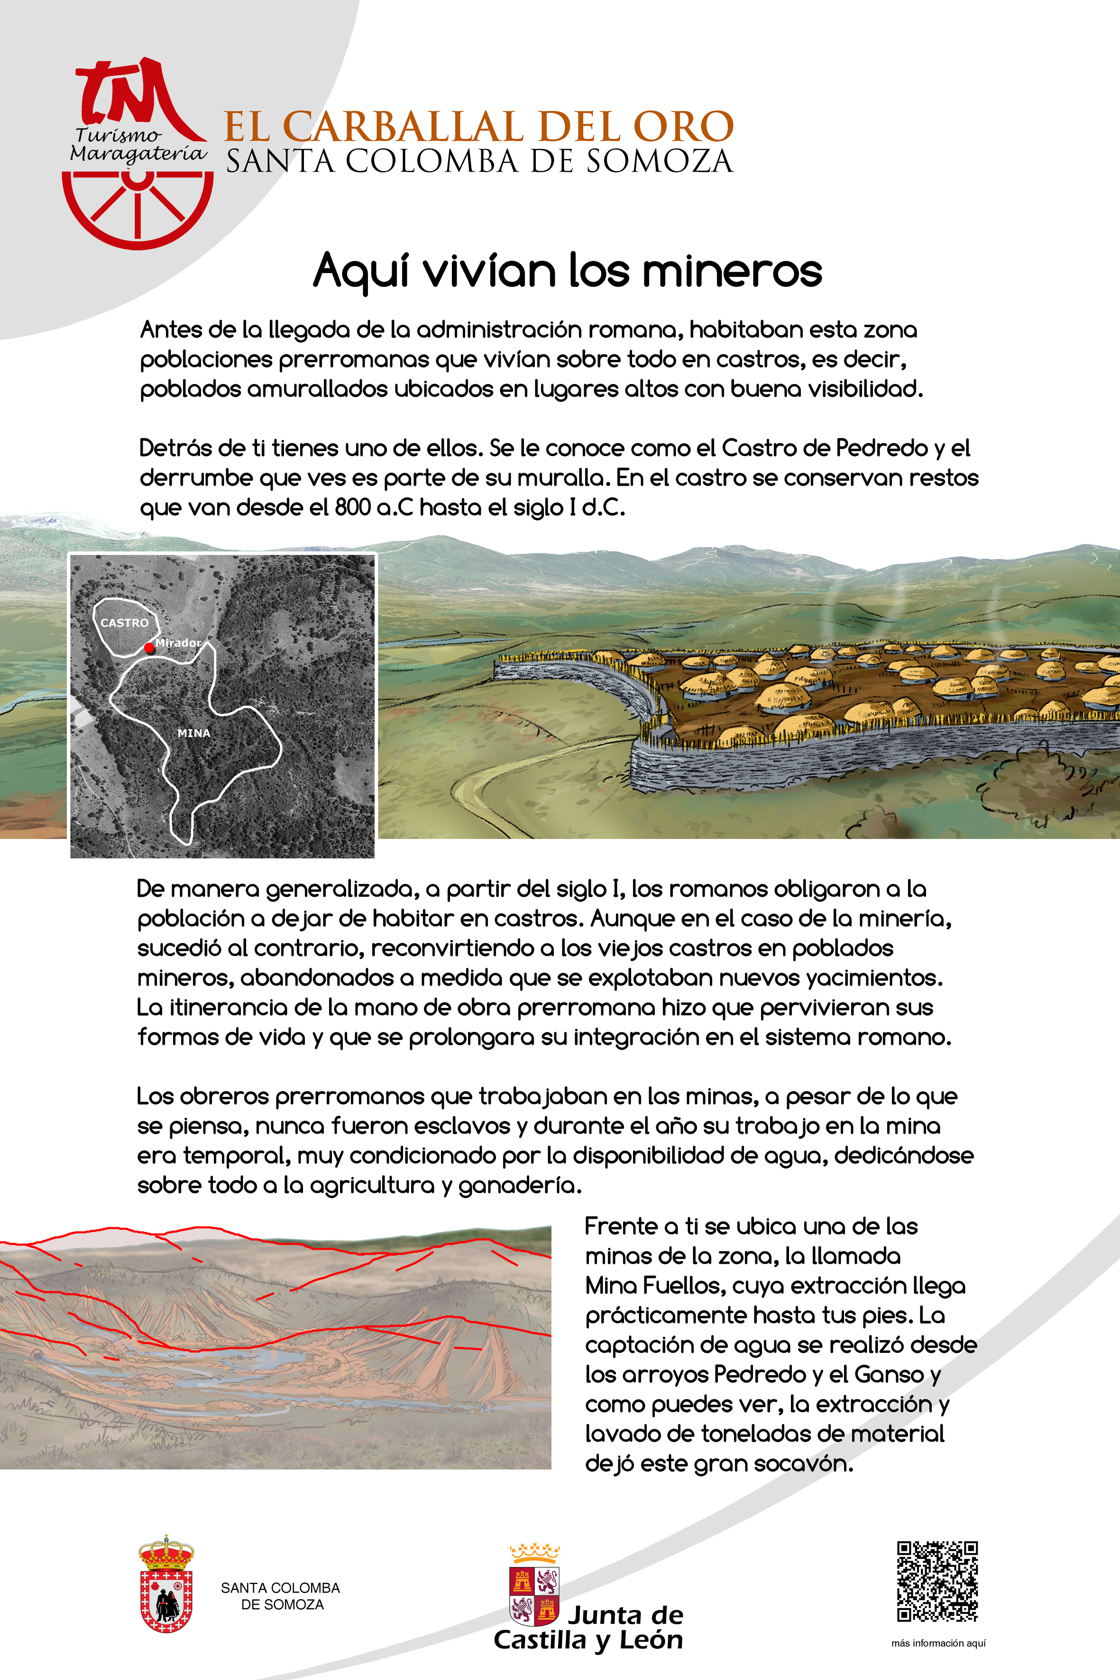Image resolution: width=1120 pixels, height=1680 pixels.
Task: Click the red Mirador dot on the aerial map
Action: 148,648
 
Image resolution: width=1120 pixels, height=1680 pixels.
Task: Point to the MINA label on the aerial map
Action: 193,733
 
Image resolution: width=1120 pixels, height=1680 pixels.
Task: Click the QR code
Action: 937,1581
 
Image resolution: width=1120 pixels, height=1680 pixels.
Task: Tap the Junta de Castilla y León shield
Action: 534,1591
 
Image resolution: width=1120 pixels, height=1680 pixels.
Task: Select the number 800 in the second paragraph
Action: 352,507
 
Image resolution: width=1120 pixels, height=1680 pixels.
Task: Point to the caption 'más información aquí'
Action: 938,1643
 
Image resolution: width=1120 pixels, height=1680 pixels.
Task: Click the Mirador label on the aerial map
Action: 179,643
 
